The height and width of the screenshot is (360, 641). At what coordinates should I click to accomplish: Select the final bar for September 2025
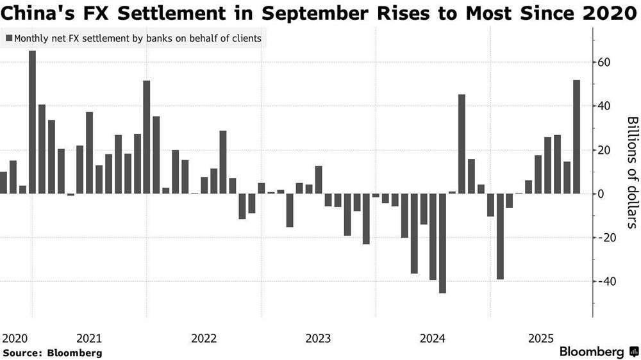576,137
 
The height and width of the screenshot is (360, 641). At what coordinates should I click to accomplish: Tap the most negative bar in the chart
442,243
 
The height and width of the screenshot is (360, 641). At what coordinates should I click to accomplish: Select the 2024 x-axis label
433,338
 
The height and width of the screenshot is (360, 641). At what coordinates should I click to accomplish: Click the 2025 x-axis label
541,338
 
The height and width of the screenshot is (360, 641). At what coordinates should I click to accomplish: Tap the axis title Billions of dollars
631,172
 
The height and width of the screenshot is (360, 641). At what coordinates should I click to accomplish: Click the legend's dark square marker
8,38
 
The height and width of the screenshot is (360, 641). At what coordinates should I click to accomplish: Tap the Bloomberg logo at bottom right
597,352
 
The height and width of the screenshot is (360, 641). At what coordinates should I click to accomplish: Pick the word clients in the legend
246,38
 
